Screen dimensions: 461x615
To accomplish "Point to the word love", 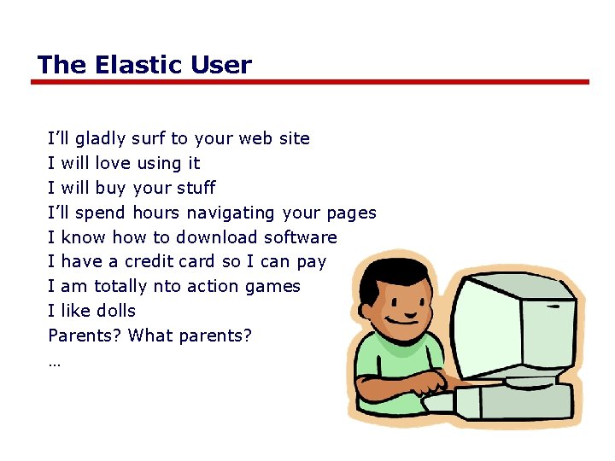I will [x=113, y=163].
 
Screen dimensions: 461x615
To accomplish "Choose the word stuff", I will [x=196, y=188].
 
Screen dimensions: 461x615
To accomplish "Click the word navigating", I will [x=231, y=213].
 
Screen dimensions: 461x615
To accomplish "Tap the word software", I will [x=301, y=237].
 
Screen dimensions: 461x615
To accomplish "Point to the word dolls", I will [x=115, y=312].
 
